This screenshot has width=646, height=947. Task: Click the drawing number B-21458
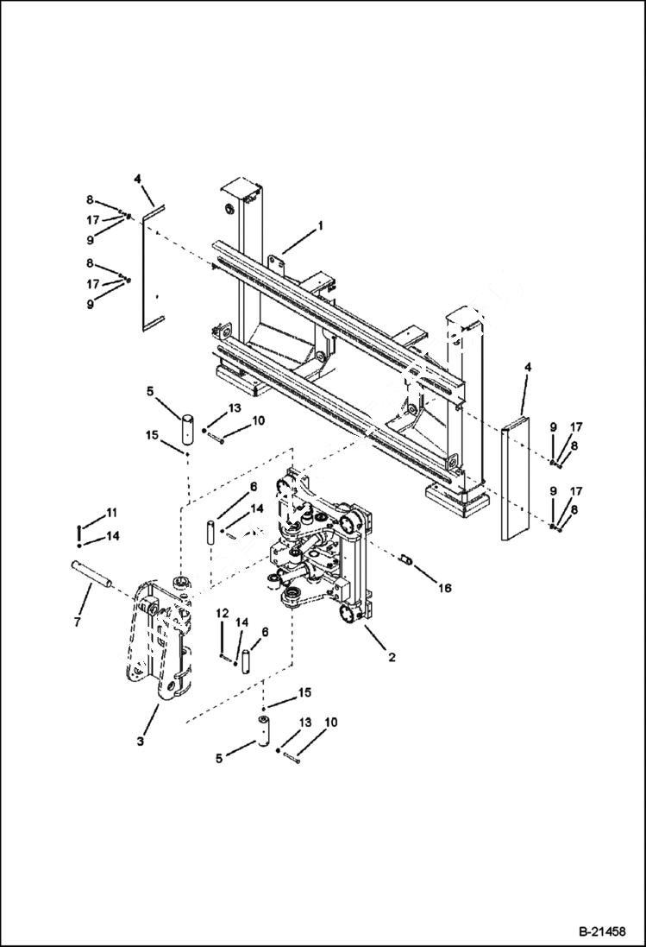601,931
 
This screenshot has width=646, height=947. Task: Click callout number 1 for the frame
320,225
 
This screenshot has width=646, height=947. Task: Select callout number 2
392,658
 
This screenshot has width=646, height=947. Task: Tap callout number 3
140,741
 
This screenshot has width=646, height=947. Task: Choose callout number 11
111,513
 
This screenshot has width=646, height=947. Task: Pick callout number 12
222,613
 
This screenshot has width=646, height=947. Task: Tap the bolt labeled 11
79,528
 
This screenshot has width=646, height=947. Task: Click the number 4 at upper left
137,180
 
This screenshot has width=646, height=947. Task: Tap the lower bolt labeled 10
289,759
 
